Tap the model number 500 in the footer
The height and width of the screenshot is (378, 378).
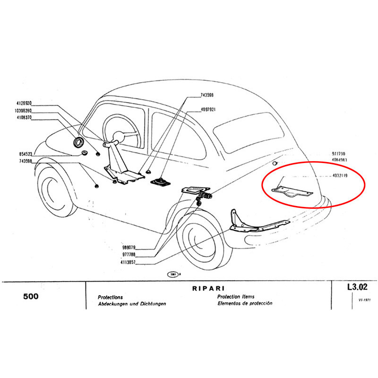click(x=31, y=297)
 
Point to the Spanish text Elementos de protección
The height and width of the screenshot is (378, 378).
click(x=245, y=304)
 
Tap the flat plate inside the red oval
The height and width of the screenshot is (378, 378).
click(x=291, y=193)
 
